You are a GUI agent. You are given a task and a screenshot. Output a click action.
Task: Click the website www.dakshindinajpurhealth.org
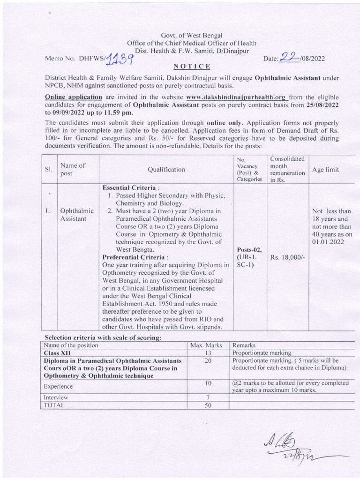tap(237, 97)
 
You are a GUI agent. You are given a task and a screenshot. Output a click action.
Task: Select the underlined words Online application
tap(73, 97)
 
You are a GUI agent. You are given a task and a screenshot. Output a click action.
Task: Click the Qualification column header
tap(166, 169)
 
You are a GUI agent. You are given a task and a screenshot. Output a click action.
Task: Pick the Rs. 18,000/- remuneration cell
tap(288, 257)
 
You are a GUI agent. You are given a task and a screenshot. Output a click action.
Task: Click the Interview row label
tap(56, 397)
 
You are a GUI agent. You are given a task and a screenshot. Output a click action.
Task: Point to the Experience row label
tap(58, 386)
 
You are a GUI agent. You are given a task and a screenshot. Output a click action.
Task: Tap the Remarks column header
tap(244, 345)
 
